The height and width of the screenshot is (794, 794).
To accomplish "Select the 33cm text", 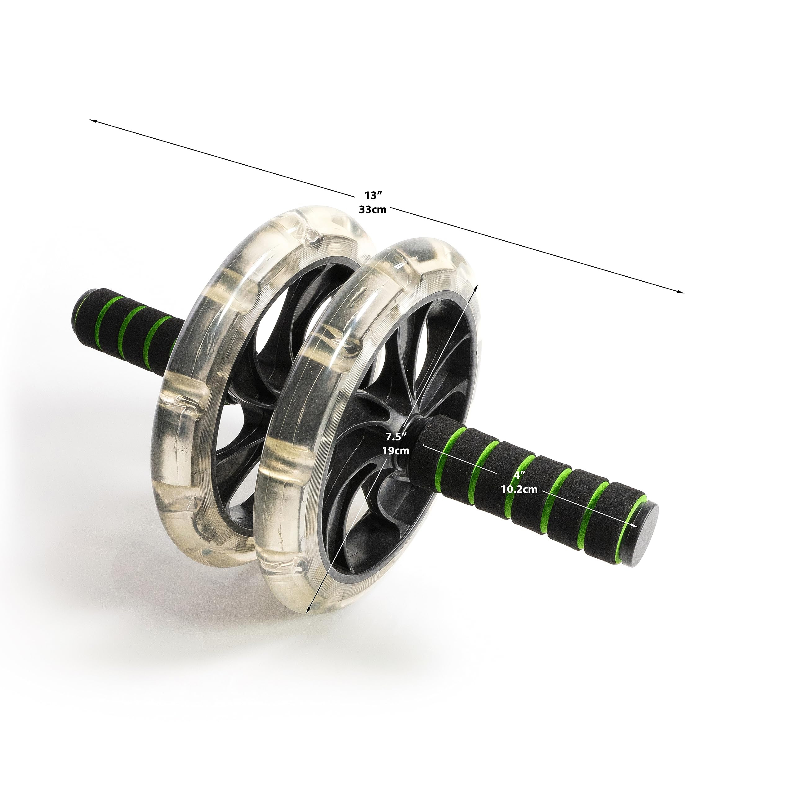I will point(373,209).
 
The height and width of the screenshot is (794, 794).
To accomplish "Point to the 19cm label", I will point(396,450).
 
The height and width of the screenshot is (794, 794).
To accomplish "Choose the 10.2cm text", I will point(520,489).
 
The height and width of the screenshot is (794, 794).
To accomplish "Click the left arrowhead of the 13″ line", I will point(93,121).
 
